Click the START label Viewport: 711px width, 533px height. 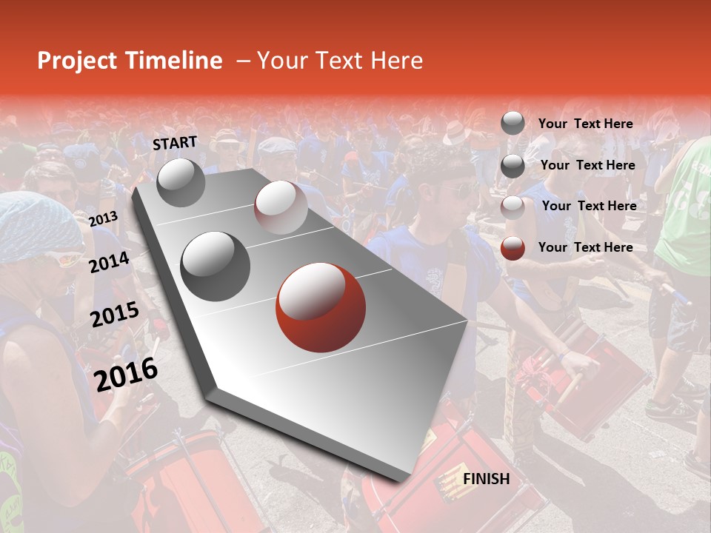pos(175,143)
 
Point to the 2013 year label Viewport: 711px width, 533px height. pos(103,218)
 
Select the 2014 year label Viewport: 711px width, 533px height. pos(110,263)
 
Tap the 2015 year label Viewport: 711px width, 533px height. pos(114,315)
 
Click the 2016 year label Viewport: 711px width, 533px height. pos(126,374)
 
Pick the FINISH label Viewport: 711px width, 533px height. pos(486,479)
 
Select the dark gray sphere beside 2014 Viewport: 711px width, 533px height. pos(216,266)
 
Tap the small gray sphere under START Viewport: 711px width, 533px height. pos(181,183)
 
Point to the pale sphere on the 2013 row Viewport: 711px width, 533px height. pos(281,207)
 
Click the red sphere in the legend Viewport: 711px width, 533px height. pos(513,248)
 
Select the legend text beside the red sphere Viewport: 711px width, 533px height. pos(585,247)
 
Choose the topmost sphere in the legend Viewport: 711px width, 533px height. pos(513,124)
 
